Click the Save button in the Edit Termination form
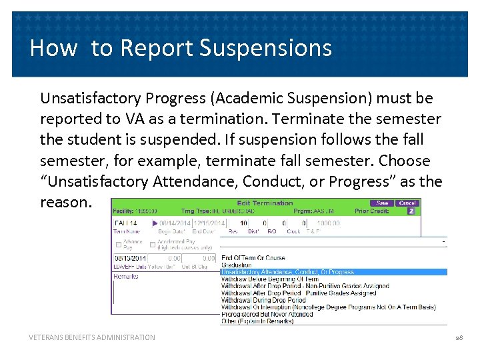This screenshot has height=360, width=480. [x=382, y=203]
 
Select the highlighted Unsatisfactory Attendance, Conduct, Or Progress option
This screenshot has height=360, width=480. [x=287, y=272]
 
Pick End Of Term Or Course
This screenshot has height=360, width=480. [x=253, y=258]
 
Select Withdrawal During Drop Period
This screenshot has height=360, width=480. [x=264, y=301]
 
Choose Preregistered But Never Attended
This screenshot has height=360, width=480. [x=266, y=315]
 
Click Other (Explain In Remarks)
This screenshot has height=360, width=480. [x=257, y=321]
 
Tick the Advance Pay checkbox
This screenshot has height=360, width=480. [x=119, y=244]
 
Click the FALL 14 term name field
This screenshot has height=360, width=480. [x=130, y=223]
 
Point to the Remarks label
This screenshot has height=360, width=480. [x=125, y=276]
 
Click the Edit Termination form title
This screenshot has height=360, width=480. [x=265, y=203]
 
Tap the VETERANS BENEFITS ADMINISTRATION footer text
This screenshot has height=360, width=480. [x=92, y=337]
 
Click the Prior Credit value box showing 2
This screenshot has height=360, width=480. [x=411, y=211]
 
